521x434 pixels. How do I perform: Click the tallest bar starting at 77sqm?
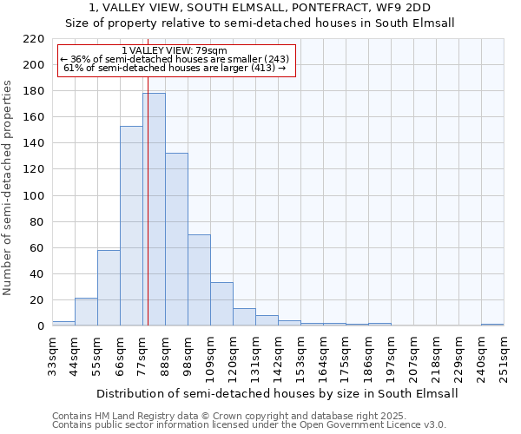click(x=154, y=209)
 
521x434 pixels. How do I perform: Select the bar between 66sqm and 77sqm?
click(x=131, y=226)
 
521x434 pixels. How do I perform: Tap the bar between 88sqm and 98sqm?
click(x=176, y=239)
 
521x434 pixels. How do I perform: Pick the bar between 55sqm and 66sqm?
click(x=109, y=287)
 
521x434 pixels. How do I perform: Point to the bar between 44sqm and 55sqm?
click(x=86, y=312)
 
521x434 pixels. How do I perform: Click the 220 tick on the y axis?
click(x=34, y=39)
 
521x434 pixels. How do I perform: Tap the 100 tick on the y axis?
click(x=34, y=195)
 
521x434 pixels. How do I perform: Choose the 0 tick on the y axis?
click(x=40, y=326)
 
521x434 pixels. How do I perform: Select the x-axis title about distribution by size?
click(x=277, y=393)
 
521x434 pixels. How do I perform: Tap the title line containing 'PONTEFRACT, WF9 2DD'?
click(x=260, y=8)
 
